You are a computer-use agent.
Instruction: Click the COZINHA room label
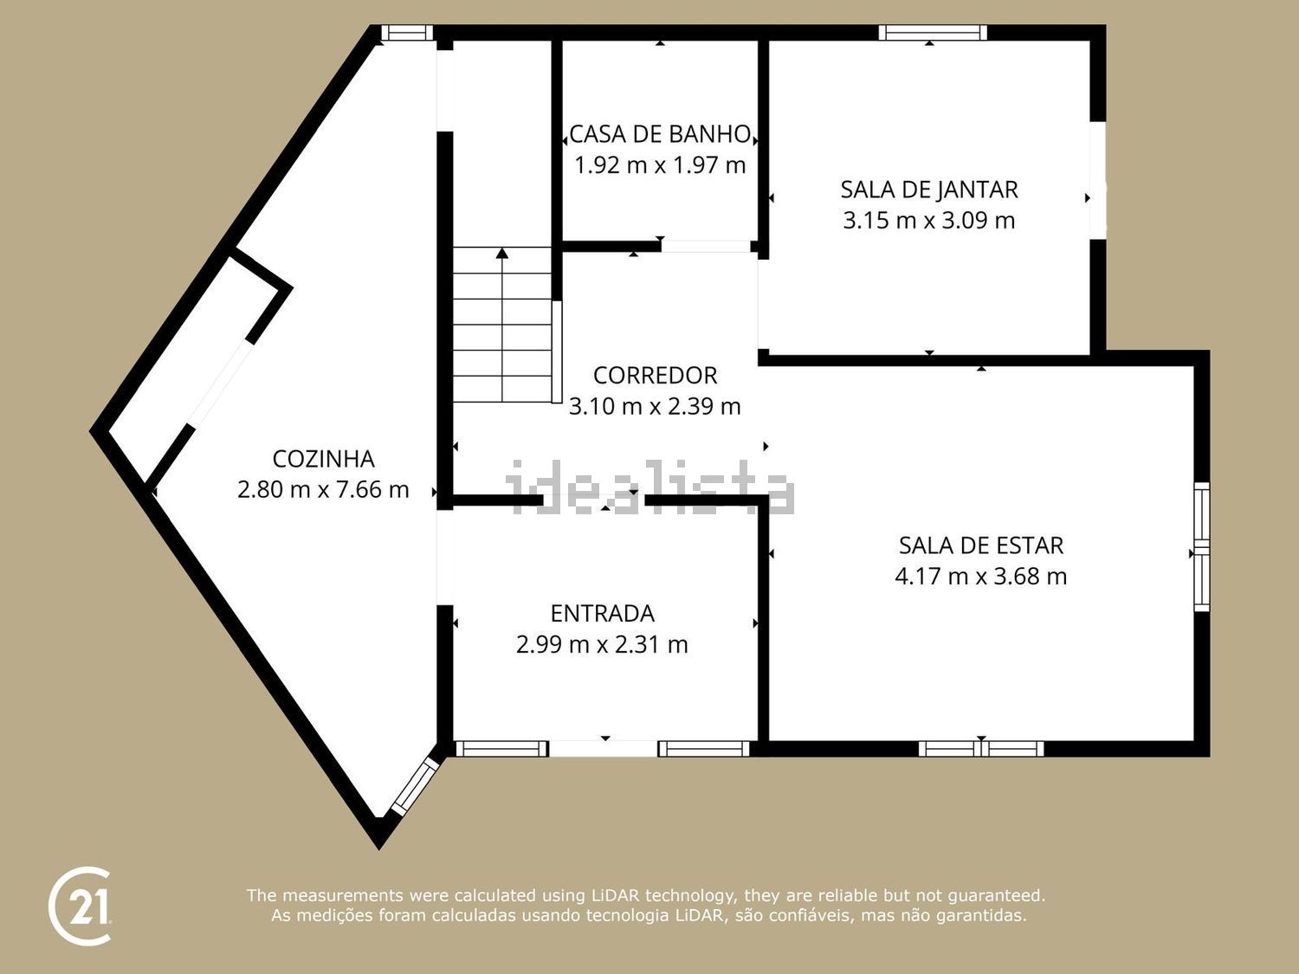323,459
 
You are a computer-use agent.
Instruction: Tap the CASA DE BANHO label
660,134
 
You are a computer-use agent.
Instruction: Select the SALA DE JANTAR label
929,190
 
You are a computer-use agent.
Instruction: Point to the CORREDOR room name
655,376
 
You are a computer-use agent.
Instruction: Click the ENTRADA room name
603,613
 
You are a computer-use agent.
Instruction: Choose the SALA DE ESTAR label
980,545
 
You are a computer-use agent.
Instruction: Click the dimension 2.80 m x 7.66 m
323,490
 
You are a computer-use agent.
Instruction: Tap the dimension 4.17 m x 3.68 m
980,576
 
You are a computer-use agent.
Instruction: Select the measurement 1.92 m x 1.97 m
660,165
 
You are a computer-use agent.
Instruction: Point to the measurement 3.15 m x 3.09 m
929,221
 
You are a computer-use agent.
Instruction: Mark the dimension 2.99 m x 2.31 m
603,644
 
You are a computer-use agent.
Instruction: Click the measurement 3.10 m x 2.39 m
655,406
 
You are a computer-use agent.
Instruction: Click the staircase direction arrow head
502,253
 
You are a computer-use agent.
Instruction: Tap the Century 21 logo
80,906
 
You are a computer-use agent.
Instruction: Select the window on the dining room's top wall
933,33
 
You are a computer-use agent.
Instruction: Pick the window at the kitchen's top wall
406,33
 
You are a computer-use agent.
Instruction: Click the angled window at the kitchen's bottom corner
416,786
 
